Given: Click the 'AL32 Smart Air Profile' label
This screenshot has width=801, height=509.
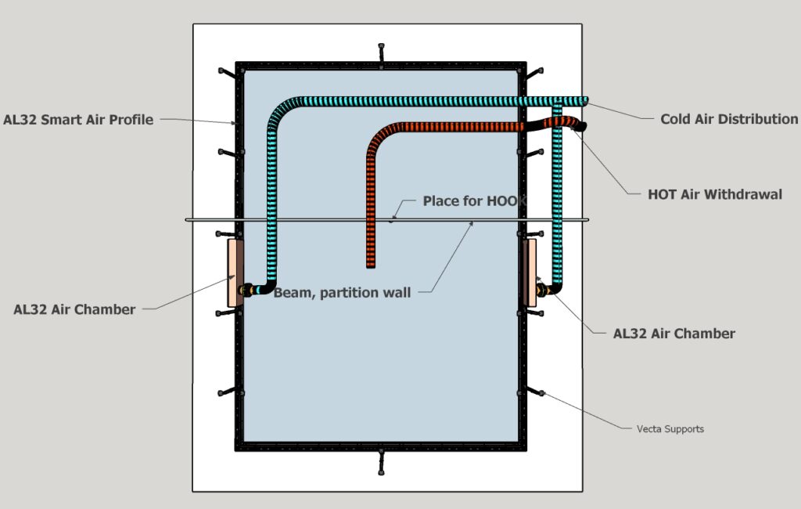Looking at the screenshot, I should pyautogui.click(x=78, y=120).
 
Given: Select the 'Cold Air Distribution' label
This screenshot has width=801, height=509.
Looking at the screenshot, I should pyautogui.click(x=728, y=119).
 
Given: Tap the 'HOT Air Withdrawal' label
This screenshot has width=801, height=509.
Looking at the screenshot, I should pyautogui.click(x=714, y=194).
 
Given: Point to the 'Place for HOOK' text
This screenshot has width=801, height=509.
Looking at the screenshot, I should pyautogui.click(x=474, y=201).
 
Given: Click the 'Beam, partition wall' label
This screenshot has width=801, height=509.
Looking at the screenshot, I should pyautogui.click(x=342, y=293).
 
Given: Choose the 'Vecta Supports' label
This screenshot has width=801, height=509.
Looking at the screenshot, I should pyautogui.click(x=670, y=429).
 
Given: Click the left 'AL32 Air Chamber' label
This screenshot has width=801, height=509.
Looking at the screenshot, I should pyautogui.click(x=74, y=309).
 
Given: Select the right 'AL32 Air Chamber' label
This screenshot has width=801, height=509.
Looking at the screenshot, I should pyautogui.click(x=673, y=334).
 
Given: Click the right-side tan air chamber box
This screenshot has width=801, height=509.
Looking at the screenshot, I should pyautogui.click(x=530, y=273).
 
